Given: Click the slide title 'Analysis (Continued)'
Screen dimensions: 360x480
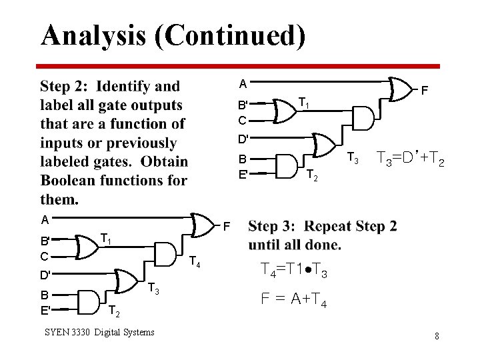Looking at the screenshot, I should click(x=173, y=35).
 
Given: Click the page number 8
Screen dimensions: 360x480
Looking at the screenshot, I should click(x=437, y=336).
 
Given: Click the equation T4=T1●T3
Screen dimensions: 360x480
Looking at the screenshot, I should click(x=294, y=270).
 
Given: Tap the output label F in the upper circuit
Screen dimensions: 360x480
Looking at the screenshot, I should click(x=424, y=88).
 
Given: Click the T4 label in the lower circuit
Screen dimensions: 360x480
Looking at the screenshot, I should click(x=193, y=261).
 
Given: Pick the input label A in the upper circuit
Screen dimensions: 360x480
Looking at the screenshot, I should click(x=243, y=83).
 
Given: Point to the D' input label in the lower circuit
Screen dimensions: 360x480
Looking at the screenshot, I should click(x=45, y=275).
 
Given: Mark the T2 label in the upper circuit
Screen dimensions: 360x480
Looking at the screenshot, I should click(x=311, y=175).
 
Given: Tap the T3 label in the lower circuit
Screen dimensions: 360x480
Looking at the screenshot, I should click(x=153, y=288).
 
